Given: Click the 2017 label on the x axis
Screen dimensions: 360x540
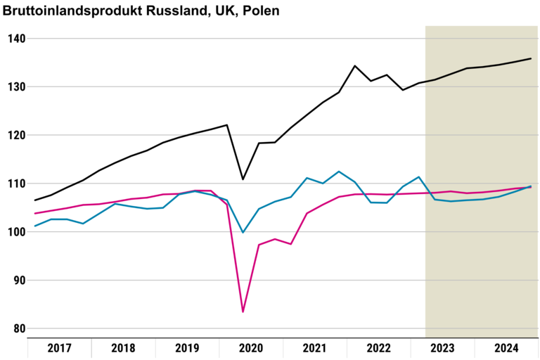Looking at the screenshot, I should pos(60,348).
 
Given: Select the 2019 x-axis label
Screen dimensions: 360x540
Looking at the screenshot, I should pos(187,348).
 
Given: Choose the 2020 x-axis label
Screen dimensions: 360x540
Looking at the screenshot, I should pos(251,348).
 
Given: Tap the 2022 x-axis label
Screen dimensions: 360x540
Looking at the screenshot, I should pos(378,348).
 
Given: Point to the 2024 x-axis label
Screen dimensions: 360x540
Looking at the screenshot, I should pos(506,348).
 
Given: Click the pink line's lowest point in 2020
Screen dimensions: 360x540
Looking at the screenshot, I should pos(243,311).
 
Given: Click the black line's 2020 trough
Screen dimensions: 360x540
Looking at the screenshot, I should pos(243,179).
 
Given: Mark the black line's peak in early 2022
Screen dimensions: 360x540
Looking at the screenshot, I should pos(355,65).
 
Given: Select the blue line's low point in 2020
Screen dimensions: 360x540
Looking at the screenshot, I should pos(243,233).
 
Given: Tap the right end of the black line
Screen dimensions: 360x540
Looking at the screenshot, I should pos(531,58).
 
